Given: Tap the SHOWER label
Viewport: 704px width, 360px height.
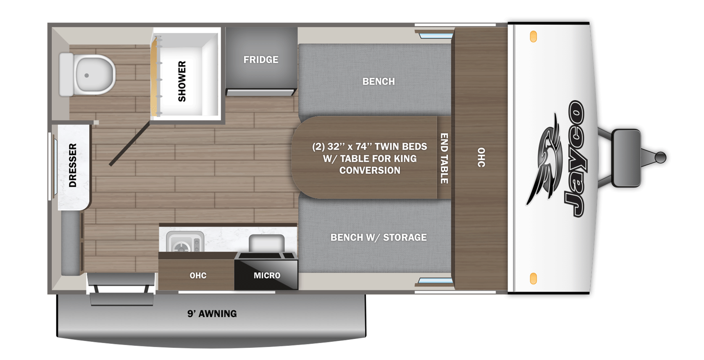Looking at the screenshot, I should [x=182, y=81].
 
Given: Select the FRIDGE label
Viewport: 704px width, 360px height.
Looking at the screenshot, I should [x=261, y=60].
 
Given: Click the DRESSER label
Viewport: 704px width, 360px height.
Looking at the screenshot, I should [x=73, y=165].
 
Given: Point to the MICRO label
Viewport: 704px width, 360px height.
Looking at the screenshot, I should [x=267, y=275].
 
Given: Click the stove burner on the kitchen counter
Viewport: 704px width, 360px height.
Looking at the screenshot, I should [x=182, y=247].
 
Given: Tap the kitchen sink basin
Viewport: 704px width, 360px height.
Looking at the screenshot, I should [x=266, y=243].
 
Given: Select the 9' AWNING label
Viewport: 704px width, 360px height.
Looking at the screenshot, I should [x=212, y=314].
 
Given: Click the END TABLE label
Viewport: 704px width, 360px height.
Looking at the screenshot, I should [x=444, y=158].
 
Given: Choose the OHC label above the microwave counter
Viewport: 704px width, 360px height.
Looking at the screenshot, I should [x=198, y=275].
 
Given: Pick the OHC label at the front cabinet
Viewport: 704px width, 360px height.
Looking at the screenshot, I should [x=481, y=157].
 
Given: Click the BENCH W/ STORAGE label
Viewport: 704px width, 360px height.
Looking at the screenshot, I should [x=378, y=238].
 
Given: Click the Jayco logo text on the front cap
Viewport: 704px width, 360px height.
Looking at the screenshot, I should [x=574, y=158].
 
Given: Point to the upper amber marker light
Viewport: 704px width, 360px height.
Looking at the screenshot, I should [x=533, y=37].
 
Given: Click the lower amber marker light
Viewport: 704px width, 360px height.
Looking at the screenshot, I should [x=533, y=279].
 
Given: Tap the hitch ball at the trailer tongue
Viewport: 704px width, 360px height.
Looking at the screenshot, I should [x=660, y=157].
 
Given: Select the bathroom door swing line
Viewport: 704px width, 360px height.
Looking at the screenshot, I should [x=129, y=144].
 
